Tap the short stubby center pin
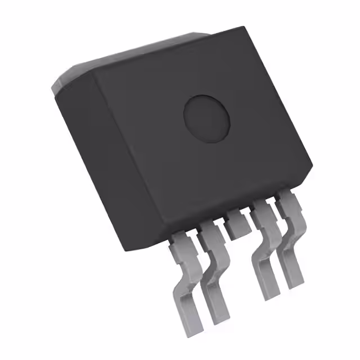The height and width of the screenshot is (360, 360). point(238,226)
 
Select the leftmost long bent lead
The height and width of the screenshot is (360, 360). point(185,281)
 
